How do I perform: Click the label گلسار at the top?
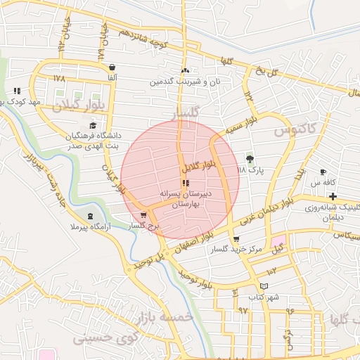click(186, 112)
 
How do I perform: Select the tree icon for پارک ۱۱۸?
click(249, 158)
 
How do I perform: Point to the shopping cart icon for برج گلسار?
click(144, 216)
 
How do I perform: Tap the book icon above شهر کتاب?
click(264, 286)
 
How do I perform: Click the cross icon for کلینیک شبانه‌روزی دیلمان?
click(333, 195)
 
